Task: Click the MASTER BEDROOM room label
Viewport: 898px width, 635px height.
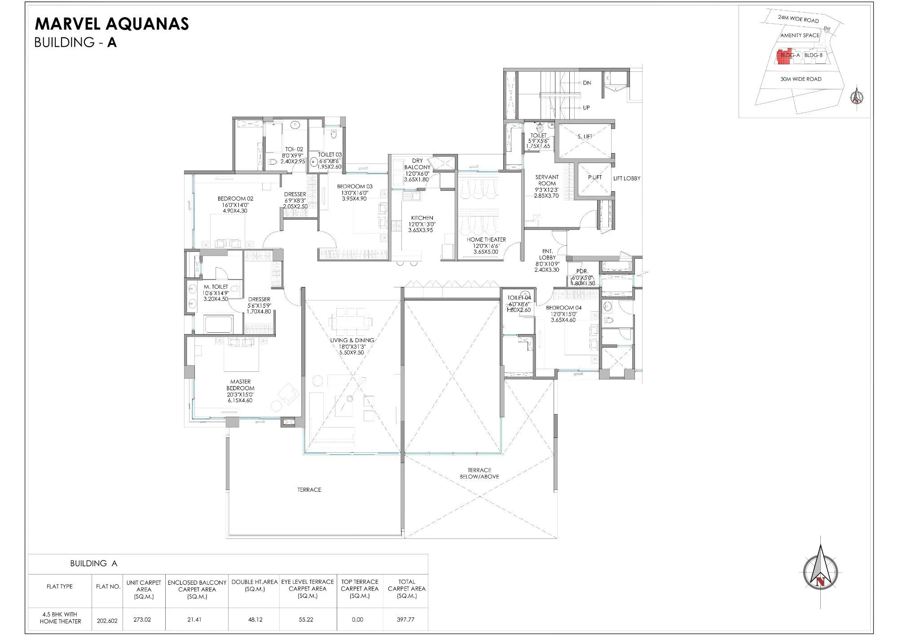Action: (x=240, y=385)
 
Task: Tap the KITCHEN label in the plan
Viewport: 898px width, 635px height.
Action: (x=422, y=218)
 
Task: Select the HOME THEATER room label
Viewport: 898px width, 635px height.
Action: (x=486, y=240)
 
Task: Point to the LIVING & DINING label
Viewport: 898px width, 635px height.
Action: (x=352, y=340)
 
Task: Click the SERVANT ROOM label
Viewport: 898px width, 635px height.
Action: (x=547, y=180)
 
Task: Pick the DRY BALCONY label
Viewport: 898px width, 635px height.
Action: (x=417, y=164)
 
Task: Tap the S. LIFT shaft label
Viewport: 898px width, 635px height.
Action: (x=585, y=137)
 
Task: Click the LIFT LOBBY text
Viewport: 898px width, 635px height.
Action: (x=627, y=178)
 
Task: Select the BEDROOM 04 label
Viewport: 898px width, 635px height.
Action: (x=563, y=308)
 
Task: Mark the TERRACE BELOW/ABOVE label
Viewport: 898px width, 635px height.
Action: (x=479, y=473)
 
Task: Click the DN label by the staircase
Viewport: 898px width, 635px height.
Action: (x=587, y=83)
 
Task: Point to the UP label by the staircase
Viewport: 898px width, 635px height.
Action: (x=586, y=108)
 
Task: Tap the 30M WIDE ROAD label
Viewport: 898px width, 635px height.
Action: (x=801, y=79)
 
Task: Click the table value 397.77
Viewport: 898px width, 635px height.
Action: (x=405, y=619)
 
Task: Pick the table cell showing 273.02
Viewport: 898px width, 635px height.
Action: (x=142, y=619)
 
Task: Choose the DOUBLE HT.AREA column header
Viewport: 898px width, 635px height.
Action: (x=255, y=585)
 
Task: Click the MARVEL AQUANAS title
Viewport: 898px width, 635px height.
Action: (x=112, y=24)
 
